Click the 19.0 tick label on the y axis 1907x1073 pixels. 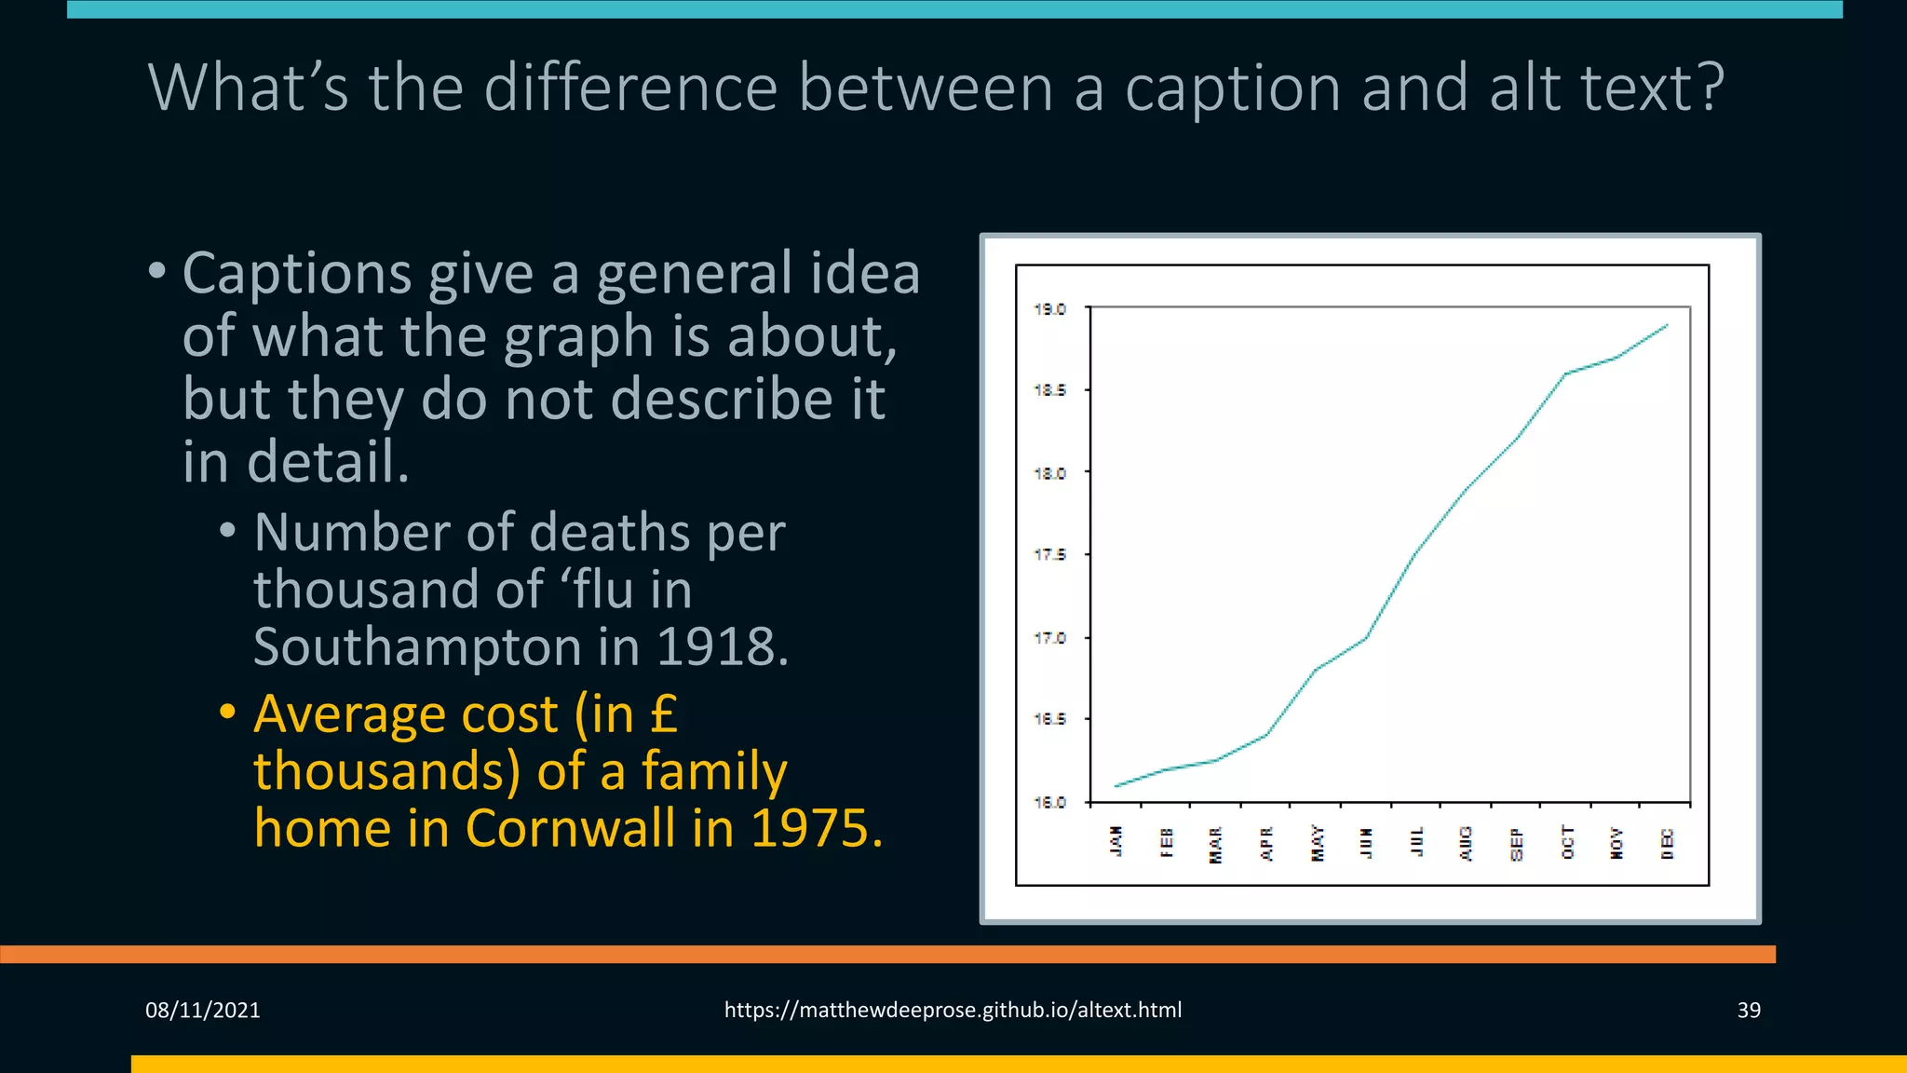(x=1049, y=309)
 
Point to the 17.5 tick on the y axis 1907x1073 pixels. (x=1049, y=555)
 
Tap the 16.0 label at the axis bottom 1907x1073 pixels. (x=1049, y=802)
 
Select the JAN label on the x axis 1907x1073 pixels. (x=1116, y=841)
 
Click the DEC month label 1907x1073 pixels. (x=1667, y=843)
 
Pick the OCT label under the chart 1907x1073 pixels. (x=1567, y=843)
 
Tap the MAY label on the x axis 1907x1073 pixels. (x=1317, y=843)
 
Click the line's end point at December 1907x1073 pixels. (x=1667, y=325)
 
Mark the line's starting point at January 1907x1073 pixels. (x=1116, y=786)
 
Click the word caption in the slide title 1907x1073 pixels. (x=1232, y=88)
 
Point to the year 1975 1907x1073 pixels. (x=815, y=828)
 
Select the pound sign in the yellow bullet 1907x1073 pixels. (x=663, y=714)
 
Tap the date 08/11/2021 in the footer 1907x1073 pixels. (x=203, y=1010)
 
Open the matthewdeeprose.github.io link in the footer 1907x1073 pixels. (x=953, y=1010)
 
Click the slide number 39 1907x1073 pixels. (x=1748, y=1010)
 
